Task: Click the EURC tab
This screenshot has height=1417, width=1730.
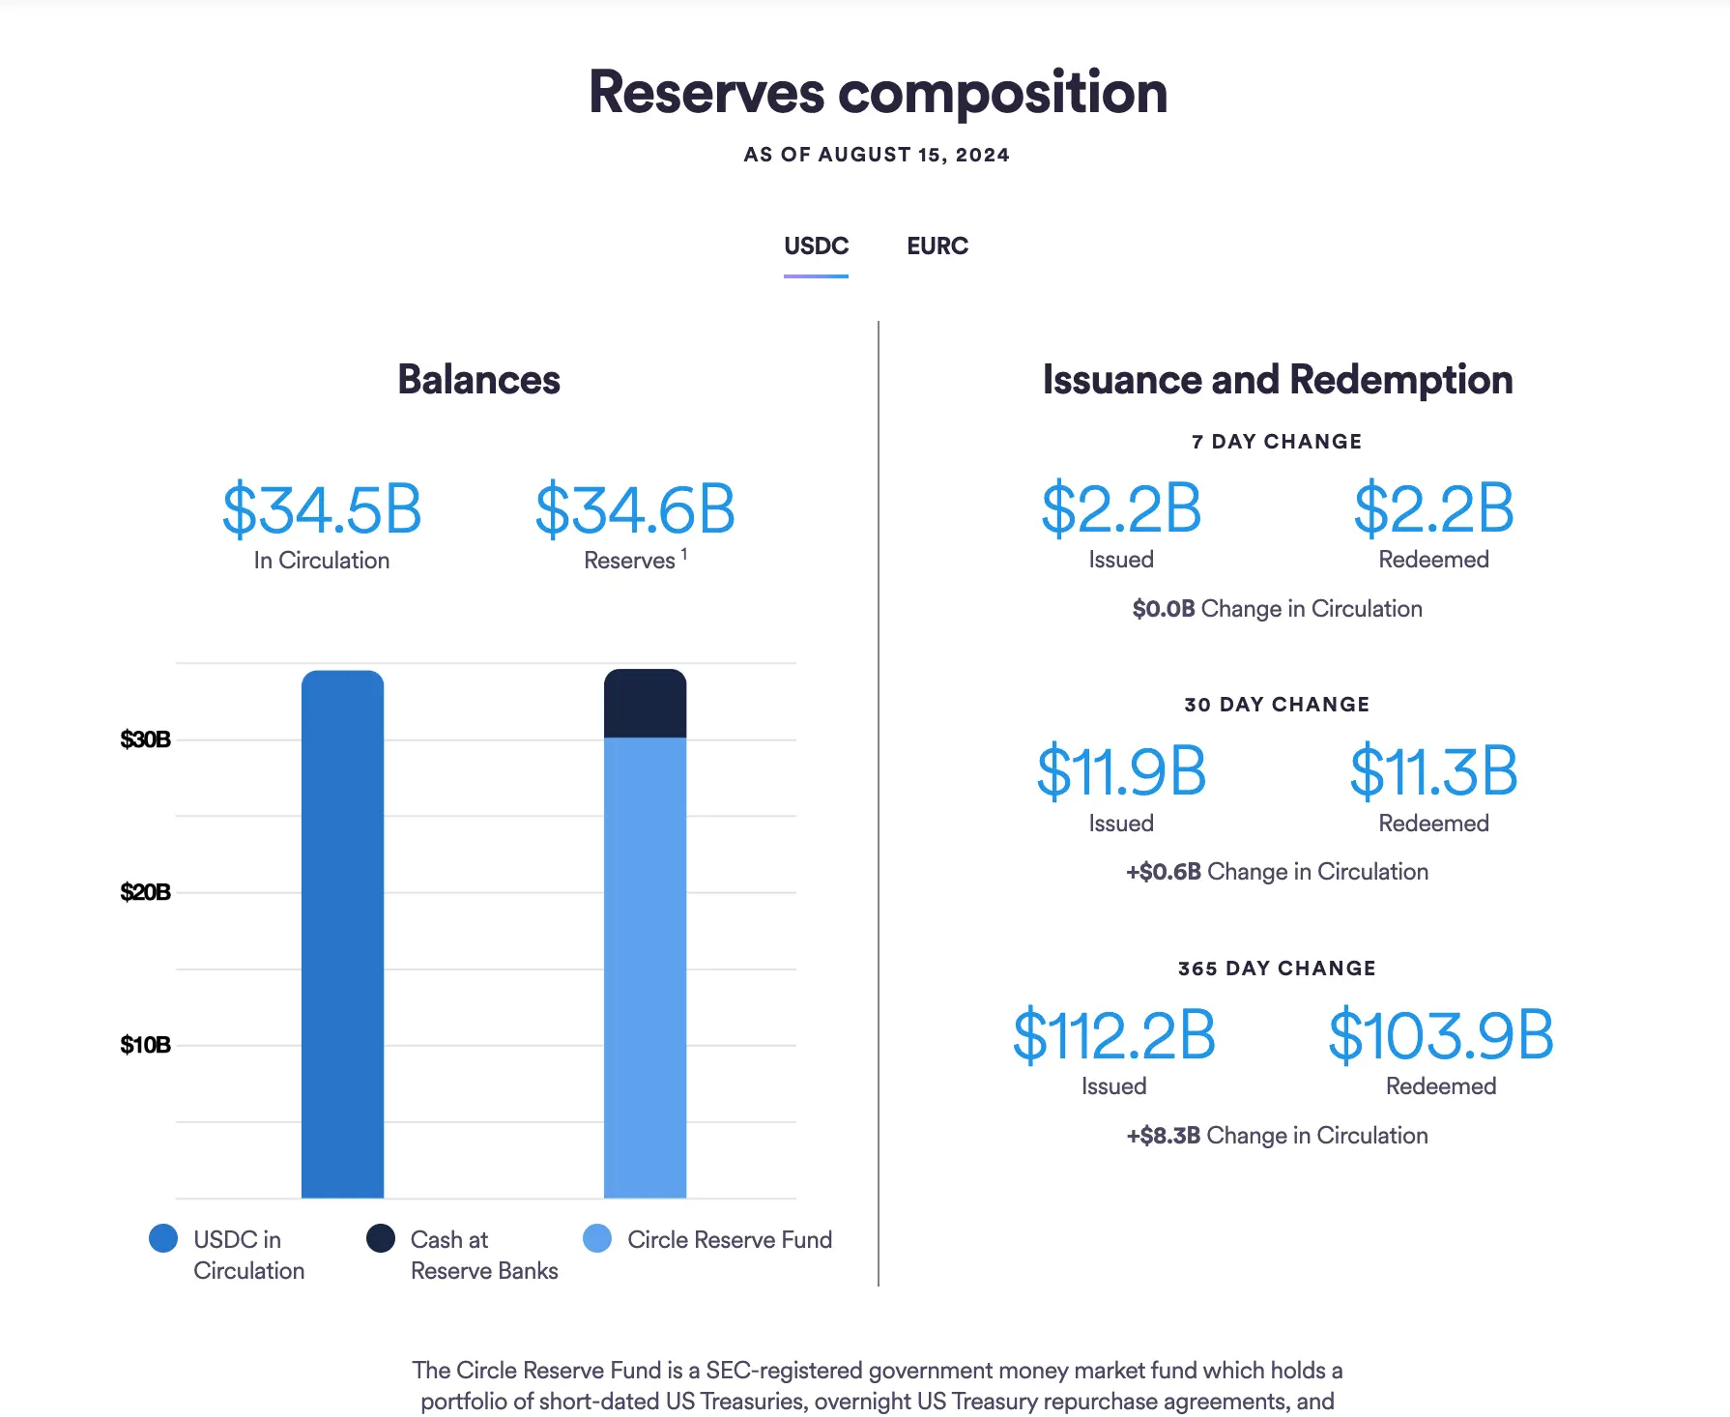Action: (937, 246)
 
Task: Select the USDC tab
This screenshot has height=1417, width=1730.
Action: (816, 246)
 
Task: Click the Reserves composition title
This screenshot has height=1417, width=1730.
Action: (878, 93)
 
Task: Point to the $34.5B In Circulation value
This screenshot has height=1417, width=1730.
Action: (322, 509)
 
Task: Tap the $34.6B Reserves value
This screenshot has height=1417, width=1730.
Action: (635, 509)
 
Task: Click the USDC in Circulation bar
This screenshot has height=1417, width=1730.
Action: (342, 934)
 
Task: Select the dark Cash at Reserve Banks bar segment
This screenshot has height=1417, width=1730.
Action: (645, 704)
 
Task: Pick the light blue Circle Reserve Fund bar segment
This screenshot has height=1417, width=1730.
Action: (645, 967)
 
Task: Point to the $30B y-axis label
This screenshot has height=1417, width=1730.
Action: (145, 739)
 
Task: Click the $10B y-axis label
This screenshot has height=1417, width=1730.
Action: (145, 1045)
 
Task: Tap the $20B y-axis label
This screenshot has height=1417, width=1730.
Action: (145, 892)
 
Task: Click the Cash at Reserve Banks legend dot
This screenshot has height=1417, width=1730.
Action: (381, 1238)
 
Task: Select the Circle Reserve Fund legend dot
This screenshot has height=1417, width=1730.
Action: (597, 1238)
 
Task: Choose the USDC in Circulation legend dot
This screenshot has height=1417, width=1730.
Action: (163, 1238)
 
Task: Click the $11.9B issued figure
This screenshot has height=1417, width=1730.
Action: (1121, 771)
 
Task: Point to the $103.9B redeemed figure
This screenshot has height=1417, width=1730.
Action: (1440, 1035)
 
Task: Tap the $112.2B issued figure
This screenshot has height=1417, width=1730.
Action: (1113, 1035)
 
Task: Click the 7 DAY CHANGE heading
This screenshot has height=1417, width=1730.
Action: (1277, 442)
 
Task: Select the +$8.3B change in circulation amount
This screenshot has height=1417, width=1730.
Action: (1164, 1136)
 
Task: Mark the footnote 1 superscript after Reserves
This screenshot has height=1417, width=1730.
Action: (684, 554)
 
